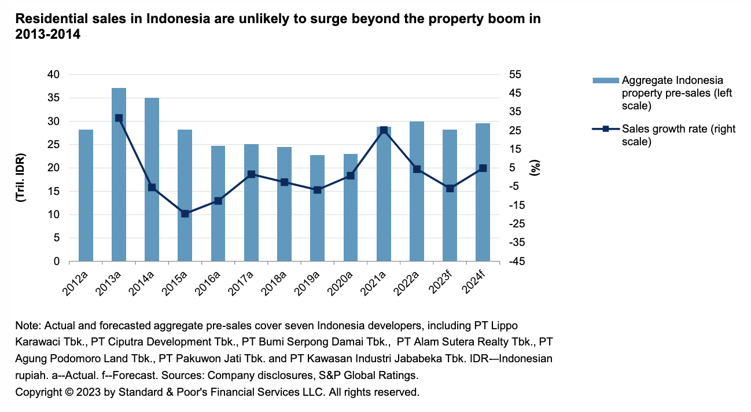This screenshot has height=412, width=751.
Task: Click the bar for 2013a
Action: [x=119, y=174]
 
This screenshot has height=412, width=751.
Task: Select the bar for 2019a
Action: [x=317, y=208]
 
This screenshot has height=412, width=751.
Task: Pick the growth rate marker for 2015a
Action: [x=185, y=214]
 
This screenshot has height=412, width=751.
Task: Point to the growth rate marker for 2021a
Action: [x=384, y=130]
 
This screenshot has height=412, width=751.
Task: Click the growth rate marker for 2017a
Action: [x=251, y=174]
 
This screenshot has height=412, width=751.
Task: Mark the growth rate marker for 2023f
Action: [x=450, y=188]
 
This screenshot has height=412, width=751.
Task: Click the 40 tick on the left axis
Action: [x=53, y=75]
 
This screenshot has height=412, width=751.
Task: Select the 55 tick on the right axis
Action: [x=514, y=75]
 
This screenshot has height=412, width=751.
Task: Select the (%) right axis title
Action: [x=536, y=168]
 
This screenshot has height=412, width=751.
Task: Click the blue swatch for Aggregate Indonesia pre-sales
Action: [x=605, y=80]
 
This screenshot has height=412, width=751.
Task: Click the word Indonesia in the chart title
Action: [x=175, y=19]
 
